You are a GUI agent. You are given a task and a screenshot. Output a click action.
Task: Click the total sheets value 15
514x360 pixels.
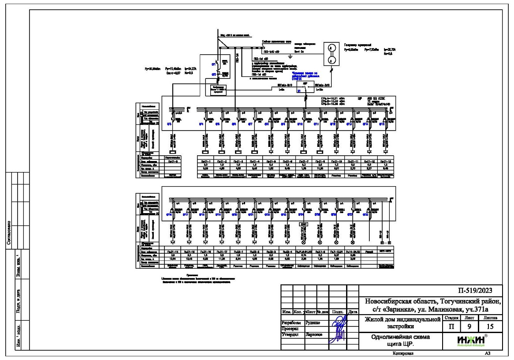click(x=491, y=327)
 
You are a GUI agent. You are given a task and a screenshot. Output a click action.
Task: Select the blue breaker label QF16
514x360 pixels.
click(x=168, y=215)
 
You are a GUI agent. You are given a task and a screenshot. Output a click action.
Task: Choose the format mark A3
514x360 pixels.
click(x=488, y=354)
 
